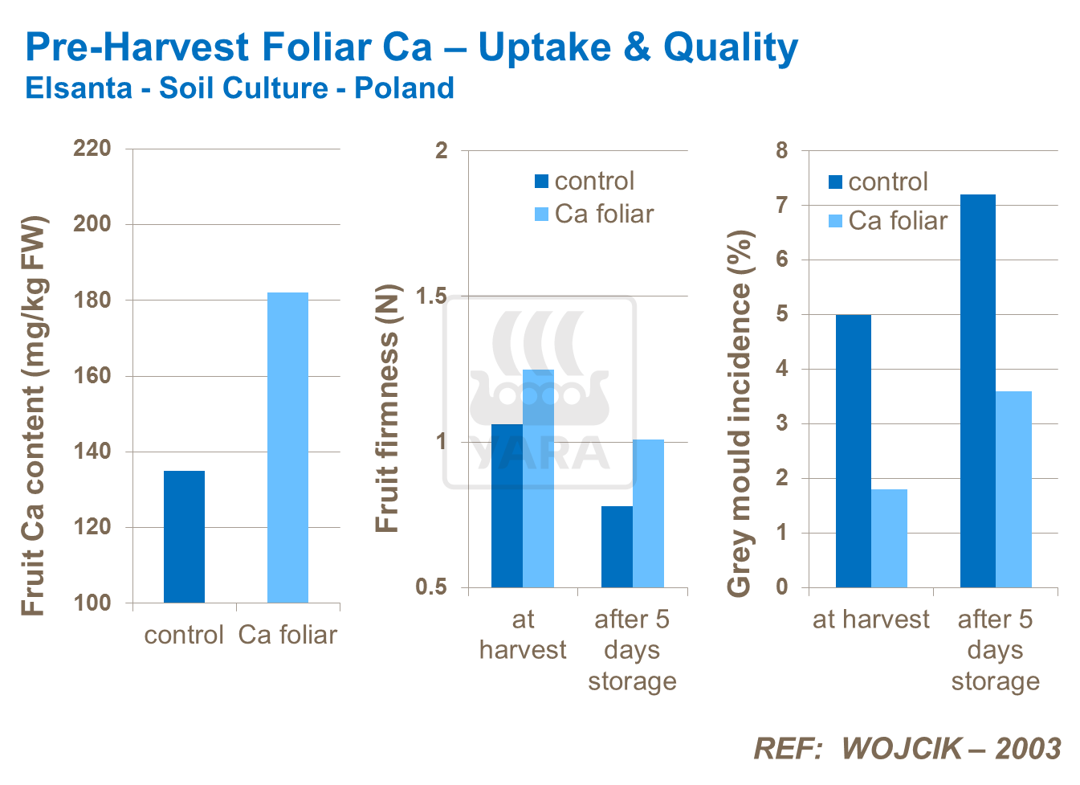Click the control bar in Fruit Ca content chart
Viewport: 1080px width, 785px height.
pyautogui.click(x=184, y=536)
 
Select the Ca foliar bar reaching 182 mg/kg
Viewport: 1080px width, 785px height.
pyautogui.click(x=287, y=447)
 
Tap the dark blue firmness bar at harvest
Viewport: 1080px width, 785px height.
pyautogui.click(x=507, y=505)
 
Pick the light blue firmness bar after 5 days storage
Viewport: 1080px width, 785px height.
pyautogui.click(x=648, y=513)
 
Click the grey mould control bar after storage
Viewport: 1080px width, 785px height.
pyautogui.click(x=977, y=390)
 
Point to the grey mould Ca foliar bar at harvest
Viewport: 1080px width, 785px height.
pyautogui.click(x=889, y=538)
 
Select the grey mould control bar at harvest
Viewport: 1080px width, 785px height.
pyautogui.click(x=853, y=451)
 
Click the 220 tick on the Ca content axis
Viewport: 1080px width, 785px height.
pyautogui.click(x=92, y=149)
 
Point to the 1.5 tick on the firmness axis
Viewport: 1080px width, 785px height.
pyautogui.click(x=430, y=296)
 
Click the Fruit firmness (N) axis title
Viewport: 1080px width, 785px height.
pyautogui.click(x=387, y=408)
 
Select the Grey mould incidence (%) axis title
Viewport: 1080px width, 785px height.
pyautogui.click(x=739, y=414)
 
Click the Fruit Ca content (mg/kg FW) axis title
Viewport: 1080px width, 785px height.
pyautogui.click(x=34, y=416)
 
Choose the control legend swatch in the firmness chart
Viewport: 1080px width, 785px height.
pyautogui.click(x=542, y=182)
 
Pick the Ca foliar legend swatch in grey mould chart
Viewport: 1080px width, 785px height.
pyautogui.click(x=836, y=221)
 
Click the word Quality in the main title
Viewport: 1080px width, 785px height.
pyautogui.click(x=730, y=47)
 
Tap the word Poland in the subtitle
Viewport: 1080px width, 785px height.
pyautogui.click(x=404, y=88)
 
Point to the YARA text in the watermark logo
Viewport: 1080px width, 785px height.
pyautogui.click(x=540, y=452)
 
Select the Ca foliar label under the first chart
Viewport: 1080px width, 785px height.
pyautogui.click(x=287, y=635)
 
